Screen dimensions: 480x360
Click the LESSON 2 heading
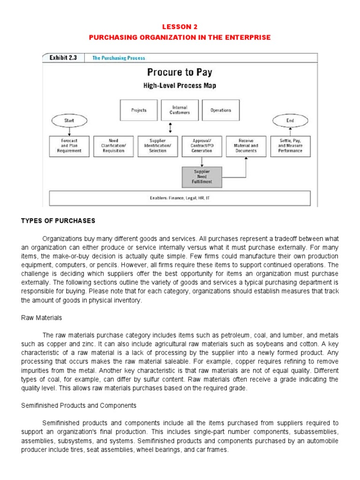(x=180, y=27)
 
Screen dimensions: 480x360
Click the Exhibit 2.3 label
(x=63, y=58)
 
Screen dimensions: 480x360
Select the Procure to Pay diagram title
(x=180, y=72)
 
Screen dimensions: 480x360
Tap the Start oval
(x=69, y=121)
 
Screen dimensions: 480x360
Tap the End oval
(x=290, y=120)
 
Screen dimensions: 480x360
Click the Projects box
(x=139, y=110)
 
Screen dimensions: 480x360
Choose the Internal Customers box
(x=180, y=110)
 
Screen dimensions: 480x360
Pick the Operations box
(x=220, y=110)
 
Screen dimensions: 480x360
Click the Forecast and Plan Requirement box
(x=69, y=146)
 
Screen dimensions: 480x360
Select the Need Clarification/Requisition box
(x=113, y=146)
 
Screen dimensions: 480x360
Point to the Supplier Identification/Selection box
(x=157, y=146)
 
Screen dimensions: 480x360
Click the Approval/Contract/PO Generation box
(x=202, y=146)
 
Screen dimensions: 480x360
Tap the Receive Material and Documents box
(x=246, y=146)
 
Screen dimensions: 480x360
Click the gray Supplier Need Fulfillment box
(x=202, y=177)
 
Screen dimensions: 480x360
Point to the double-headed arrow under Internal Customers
(x=170, y=127)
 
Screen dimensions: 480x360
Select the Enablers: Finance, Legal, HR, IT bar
(x=180, y=198)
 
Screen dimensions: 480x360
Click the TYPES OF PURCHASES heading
(x=58, y=221)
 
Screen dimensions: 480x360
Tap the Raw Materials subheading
(x=41, y=318)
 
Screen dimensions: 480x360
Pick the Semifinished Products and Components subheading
(x=79, y=405)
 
